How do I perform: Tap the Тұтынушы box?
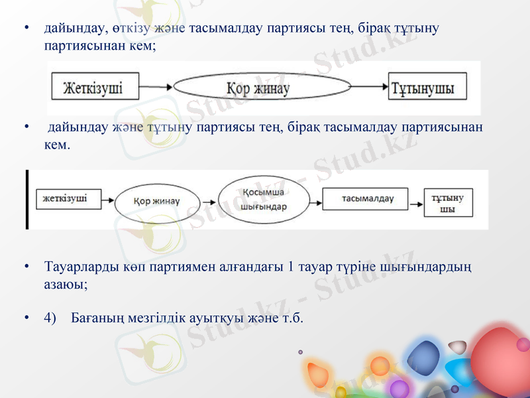[x=427, y=88]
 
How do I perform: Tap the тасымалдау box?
[x=367, y=198]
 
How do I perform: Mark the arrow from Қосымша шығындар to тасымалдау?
[x=316, y=199]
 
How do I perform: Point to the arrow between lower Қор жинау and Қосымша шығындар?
[x=209, y=200]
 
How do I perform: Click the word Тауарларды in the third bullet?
[x=78, y=267]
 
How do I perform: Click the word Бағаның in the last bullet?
[x=100, y=318]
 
